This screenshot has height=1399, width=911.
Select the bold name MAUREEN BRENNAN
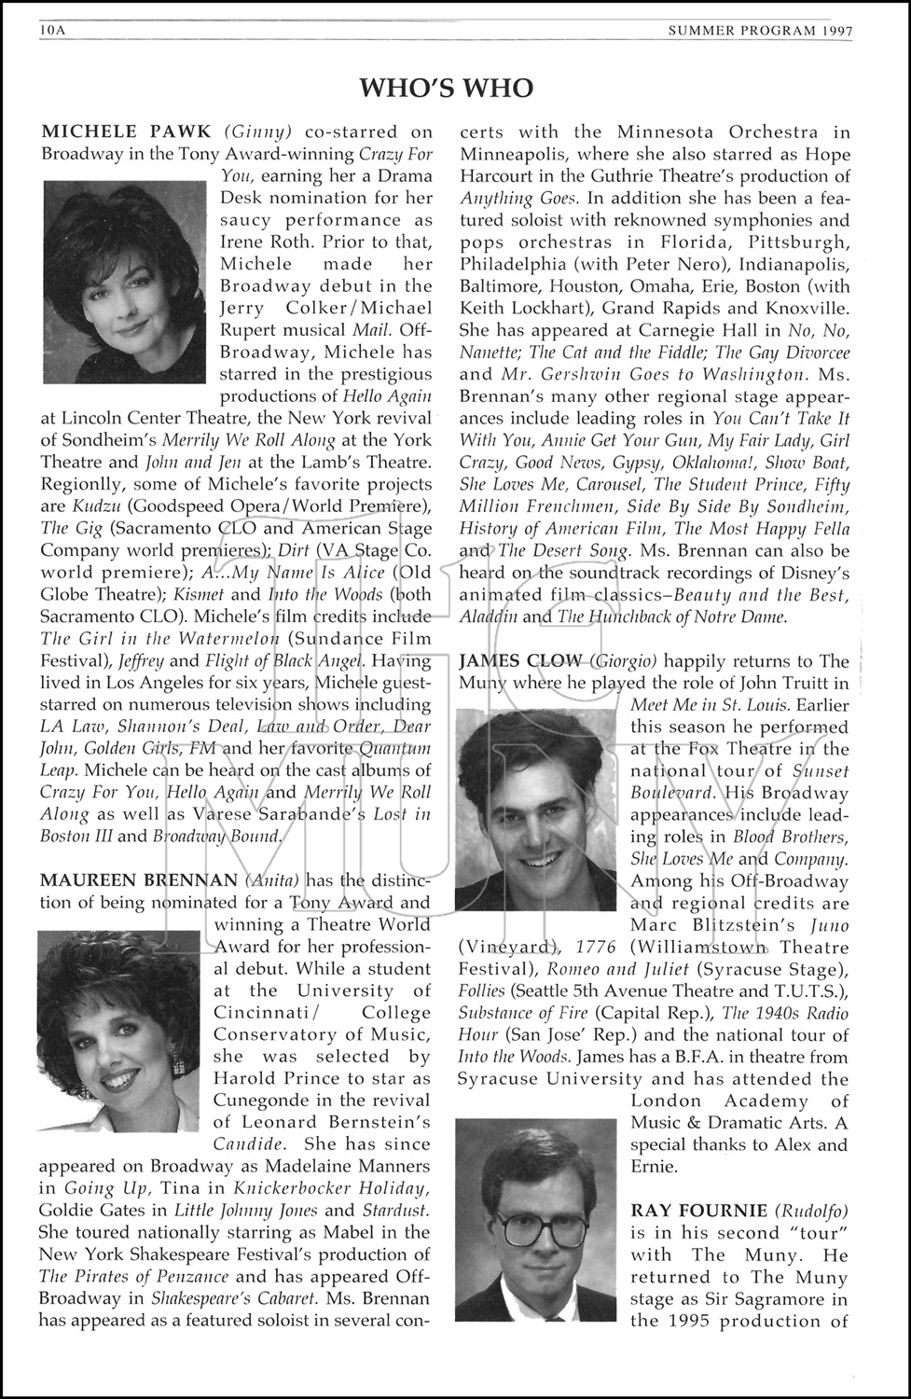click(139, 880)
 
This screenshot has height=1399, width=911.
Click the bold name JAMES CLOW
click(520, 661)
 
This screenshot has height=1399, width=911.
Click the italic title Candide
click(244, 1143)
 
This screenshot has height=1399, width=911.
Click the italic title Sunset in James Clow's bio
click(821, 771)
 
